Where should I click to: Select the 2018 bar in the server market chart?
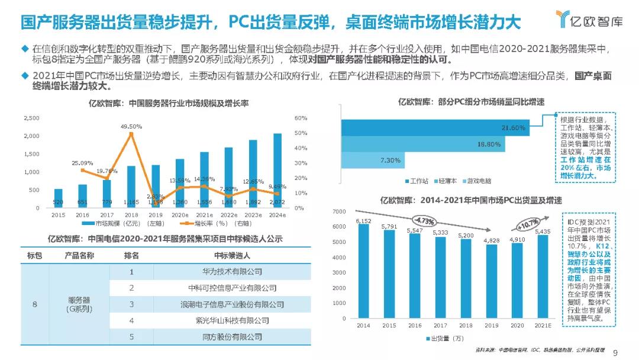click(x=131, y=187)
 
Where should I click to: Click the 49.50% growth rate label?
click(x=131, y=126)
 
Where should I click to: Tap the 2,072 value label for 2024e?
click(x=277, y=202)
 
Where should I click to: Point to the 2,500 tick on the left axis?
click(x=31, y=118)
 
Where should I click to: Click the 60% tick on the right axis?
click(x=300, y=118)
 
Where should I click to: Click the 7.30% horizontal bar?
click(x=373, y=160)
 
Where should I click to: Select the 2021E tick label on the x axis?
click(x=543, y=326)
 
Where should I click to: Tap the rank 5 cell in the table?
click(x=132, y=336)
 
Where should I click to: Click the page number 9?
click(x=616, y=353)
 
